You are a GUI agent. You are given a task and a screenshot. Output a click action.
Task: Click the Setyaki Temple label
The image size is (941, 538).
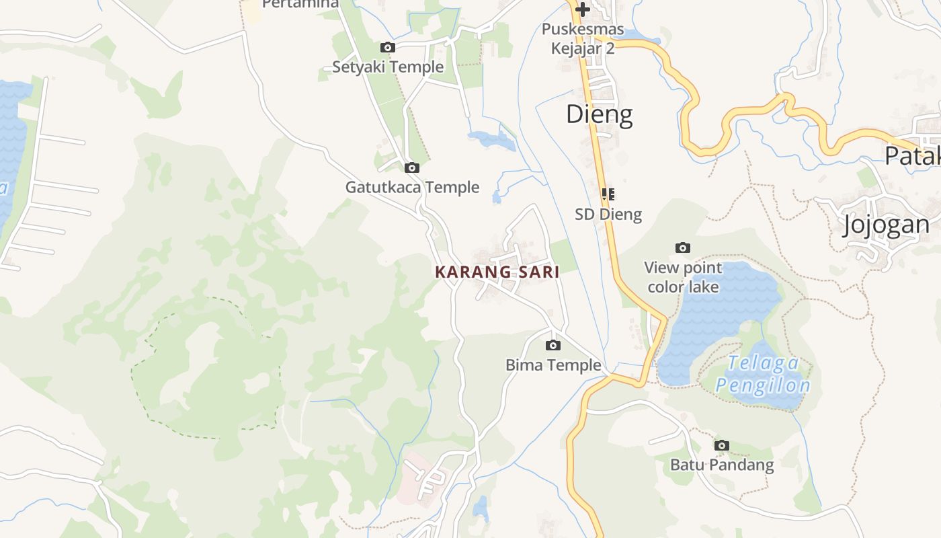tap(388, 67)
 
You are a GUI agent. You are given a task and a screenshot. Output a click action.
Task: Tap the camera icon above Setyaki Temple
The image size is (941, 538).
tap(388, 47)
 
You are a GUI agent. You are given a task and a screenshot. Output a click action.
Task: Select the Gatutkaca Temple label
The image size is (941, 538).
tap(412, 187)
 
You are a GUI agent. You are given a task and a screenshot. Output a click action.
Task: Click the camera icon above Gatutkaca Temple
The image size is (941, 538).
tap(412, 167)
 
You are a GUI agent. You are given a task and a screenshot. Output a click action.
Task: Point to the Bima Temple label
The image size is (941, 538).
tap(553, 364)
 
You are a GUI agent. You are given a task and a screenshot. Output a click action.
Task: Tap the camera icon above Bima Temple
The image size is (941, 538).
tap(553, 345)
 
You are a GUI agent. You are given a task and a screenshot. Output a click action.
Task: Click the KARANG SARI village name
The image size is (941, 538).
tap(497, 272)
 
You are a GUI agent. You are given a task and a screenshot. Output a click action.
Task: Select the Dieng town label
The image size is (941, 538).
tap(599, 114)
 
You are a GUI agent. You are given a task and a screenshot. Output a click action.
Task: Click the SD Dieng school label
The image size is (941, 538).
tap(608, 215)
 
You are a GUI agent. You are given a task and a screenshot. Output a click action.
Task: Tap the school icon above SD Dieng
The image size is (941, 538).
tap(608, 194)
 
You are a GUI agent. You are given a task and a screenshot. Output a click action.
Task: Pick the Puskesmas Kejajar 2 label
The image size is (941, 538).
tap(583, 39)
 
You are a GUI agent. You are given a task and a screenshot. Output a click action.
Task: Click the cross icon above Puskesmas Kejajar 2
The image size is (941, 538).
tap(583, 9)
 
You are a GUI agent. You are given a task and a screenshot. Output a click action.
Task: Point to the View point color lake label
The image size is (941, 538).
tap(683, 277)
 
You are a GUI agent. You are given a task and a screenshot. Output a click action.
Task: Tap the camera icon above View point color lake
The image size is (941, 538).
tap(683, 248)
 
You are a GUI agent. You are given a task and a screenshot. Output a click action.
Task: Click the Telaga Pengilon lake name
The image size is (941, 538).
tap(763, 375)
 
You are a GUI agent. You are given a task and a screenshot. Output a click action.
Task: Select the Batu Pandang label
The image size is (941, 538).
tap(722, 465)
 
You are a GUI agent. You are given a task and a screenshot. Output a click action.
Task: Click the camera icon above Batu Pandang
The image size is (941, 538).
tap(722, 445)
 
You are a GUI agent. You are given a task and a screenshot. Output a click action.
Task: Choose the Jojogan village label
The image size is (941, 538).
tap(887, 224)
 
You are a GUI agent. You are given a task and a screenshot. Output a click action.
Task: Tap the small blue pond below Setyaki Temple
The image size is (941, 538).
tap(493, 140)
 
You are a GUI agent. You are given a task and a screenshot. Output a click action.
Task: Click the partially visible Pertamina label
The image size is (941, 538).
tap(300, 4)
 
